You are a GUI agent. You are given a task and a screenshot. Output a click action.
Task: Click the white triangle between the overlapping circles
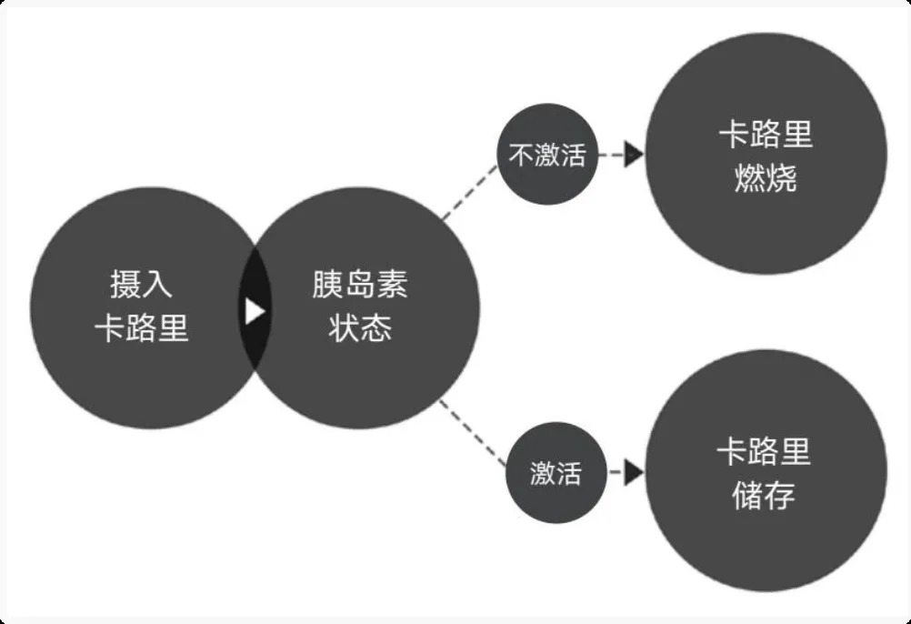tap(255, 311)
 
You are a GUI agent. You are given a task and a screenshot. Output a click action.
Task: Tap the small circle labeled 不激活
tap(547, 155)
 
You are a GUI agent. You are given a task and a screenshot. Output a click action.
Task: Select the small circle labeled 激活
tap(556, 473)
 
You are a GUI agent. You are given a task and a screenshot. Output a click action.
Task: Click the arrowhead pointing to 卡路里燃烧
tap(634, 155)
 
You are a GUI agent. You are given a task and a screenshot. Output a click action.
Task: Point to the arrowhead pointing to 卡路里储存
tap(634, 473)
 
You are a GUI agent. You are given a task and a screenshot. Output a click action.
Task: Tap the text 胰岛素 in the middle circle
tap(360, 285)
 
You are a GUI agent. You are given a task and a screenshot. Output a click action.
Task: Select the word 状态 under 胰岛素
tap(360, 327)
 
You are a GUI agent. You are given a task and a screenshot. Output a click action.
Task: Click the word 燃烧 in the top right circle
tap(766, 178)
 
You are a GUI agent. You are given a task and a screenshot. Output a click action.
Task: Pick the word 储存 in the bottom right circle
tap(765, 496)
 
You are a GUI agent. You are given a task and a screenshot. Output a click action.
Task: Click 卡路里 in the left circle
tap(141, 328)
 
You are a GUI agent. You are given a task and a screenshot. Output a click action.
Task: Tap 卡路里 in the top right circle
tap(766, 135)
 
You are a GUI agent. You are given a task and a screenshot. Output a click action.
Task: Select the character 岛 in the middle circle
tap(360, 285)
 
